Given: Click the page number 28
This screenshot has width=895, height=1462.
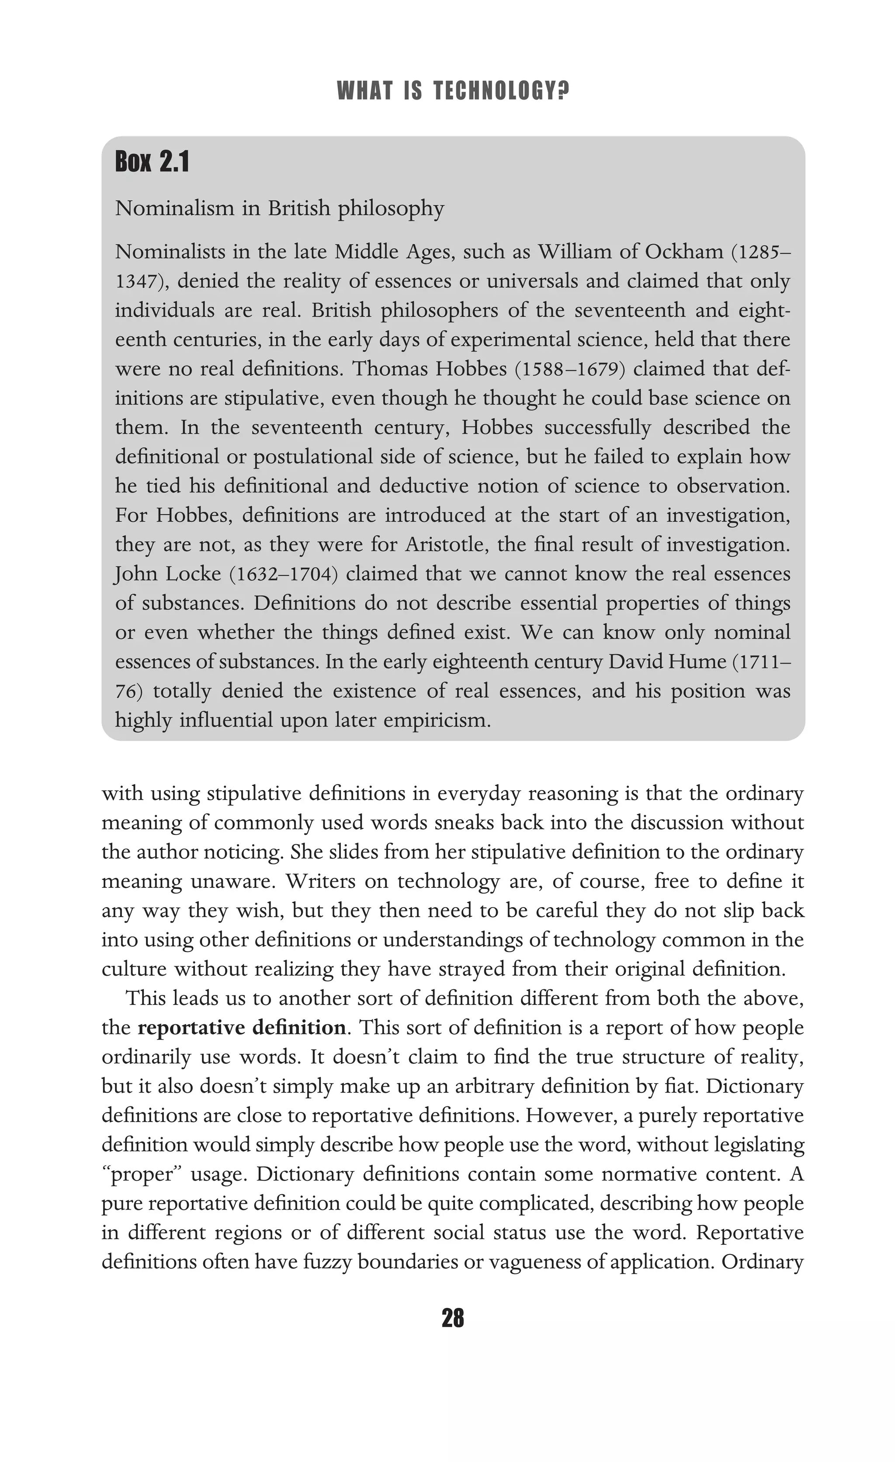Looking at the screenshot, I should [453, 1318].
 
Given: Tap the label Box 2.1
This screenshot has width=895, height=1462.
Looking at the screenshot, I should [152, 162].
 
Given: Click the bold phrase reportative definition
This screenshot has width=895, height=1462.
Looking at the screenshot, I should [242, 1027].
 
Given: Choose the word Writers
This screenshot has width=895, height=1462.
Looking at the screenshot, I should [320, 881].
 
